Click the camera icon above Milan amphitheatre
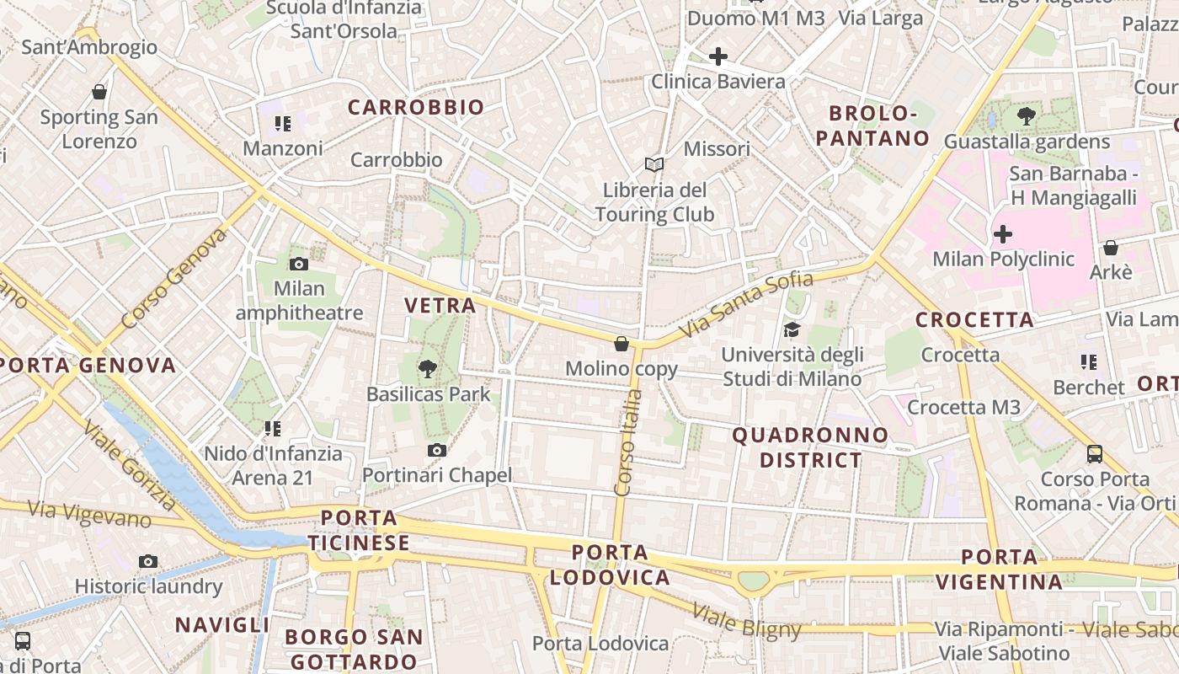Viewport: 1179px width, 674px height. coord(299,265)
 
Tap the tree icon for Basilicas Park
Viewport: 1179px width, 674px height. coord(428,368)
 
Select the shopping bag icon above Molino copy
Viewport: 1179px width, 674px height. coord(622,344)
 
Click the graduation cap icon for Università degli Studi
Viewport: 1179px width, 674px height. coord(792,329)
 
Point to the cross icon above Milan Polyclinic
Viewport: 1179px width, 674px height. coord(1003,233)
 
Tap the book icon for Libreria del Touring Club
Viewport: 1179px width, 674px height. coord(654,164)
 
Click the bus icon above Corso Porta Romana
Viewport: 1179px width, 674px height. coord(1095,454)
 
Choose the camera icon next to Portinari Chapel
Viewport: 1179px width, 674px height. coord(436,451)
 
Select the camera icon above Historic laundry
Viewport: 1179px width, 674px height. coord(148,561)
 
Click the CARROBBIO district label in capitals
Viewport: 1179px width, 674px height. coord(416,108)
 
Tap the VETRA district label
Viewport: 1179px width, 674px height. coord(440,306)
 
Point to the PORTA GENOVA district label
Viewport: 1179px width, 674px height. coord(88,366)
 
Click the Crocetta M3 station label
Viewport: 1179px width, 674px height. coord(963,408)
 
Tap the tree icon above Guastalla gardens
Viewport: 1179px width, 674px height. coord(1027,116)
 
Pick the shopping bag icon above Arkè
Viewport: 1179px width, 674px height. coord(1111,248)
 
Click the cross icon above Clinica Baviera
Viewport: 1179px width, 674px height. coord(718,56)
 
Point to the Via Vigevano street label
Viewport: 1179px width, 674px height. coord(89,514)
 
